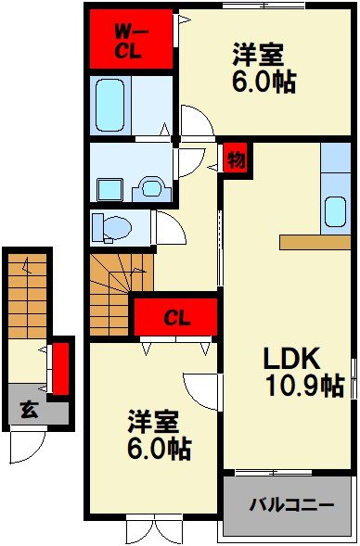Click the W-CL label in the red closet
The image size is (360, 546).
pyautogui.click(x=128, y=41)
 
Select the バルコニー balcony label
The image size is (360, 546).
pyautogui.click(x=291, y=505)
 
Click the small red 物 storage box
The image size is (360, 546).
pyautogui.click(x=236, y=159)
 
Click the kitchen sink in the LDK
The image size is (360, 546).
pyautogui.click(x=335, y=212)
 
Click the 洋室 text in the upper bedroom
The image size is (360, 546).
pyautogui.click(x=257, y=54)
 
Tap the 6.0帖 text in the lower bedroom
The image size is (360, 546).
pyautogui.click(x=160, y=450)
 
